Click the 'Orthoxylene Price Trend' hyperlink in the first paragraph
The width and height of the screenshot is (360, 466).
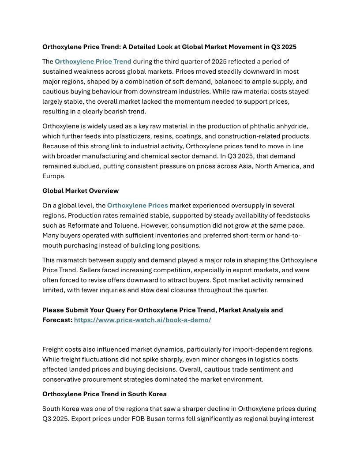[x=93, y=61]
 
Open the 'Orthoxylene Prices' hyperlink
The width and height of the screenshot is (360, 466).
[x=137, y=205]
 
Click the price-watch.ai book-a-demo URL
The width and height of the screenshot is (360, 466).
[x=142, y=320]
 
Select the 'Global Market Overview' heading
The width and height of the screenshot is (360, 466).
[x=80, y=191]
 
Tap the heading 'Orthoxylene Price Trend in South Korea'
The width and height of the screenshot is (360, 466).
[x=104, y=394]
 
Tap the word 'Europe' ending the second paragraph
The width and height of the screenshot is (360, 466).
[x=53, y=176]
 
